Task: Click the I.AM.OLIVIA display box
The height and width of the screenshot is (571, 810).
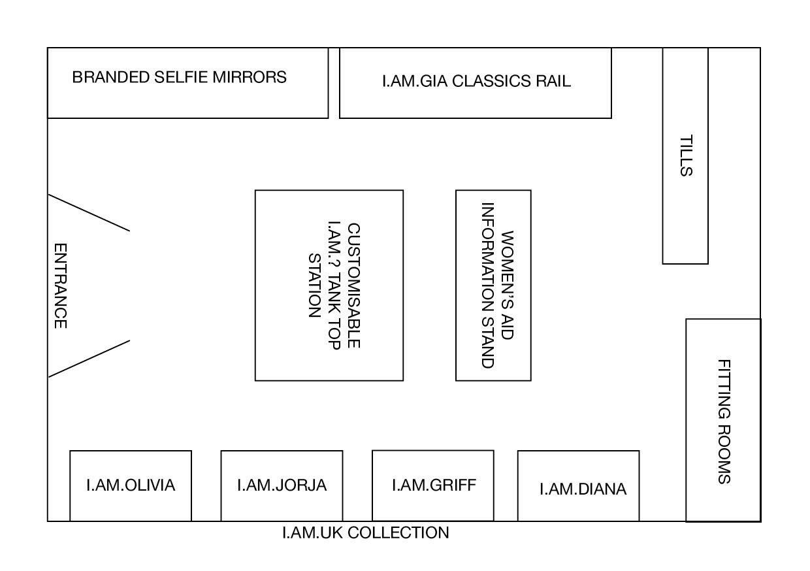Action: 131,485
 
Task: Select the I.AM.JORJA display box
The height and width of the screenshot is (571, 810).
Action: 282,485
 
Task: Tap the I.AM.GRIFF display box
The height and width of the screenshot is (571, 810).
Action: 433,485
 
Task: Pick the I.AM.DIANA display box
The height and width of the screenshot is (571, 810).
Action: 579,489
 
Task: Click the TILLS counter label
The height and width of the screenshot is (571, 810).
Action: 685,155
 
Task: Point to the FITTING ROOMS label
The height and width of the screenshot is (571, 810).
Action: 724,421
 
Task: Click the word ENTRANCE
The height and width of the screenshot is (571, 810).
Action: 60,285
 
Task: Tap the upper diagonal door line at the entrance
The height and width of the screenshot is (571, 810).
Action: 89,212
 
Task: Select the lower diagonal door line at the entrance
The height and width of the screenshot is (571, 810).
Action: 89,359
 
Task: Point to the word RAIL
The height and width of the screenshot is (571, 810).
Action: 554,81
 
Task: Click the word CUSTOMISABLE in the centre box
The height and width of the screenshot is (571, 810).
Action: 353,285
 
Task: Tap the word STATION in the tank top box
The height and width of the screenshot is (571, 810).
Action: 314,285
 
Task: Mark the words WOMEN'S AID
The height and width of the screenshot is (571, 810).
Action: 508,285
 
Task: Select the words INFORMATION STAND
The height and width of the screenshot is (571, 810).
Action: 487,285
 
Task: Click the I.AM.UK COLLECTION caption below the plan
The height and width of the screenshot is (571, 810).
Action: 365,533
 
